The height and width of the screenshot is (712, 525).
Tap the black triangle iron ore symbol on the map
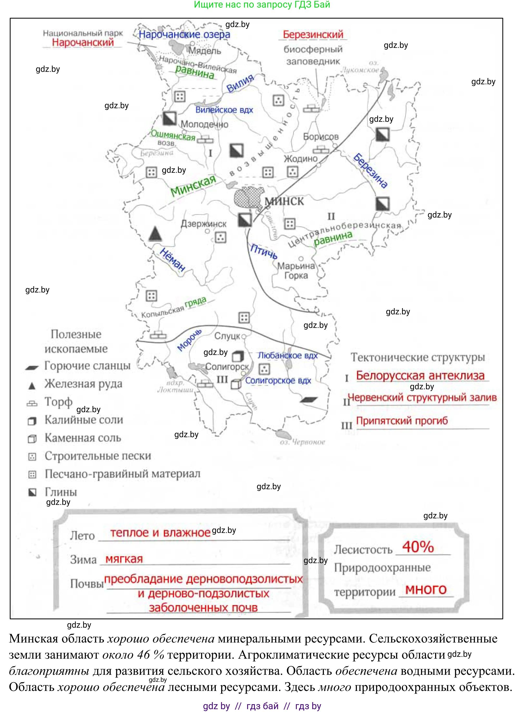(155, 234)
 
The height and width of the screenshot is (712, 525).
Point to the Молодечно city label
(204, 124)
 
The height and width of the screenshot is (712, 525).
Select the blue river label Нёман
(172, 260)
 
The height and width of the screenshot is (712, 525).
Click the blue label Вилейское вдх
(224, 110)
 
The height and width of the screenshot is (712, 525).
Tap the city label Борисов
(321, 137)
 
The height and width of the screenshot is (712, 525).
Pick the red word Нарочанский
(83, 42)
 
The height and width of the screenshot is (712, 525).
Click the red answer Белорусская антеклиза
(420, 376)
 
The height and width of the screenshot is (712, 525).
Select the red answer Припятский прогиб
(402, 421)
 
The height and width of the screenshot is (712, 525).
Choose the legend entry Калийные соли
(84, 420)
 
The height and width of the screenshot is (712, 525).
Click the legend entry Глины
(61, 492)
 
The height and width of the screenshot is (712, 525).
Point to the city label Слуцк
(227, 336)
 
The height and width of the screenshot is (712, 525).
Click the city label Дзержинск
(203, 224)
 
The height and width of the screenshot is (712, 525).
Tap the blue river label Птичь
(264, 251)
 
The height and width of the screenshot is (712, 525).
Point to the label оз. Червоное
(302, 442)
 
